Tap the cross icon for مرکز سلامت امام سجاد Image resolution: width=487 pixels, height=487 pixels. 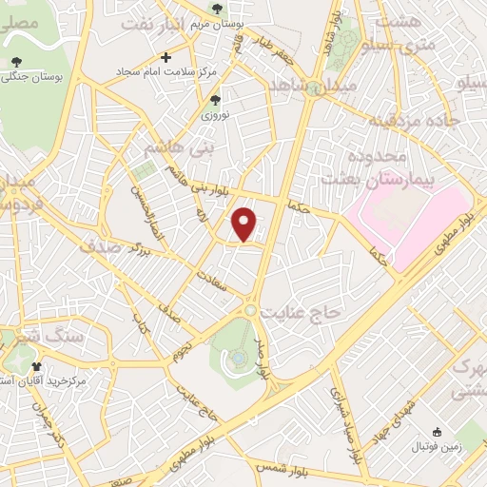167,58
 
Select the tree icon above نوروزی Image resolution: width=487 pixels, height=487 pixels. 215,99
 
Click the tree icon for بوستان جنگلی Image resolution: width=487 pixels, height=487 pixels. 15,63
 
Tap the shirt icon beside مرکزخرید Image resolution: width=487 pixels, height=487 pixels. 37,365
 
